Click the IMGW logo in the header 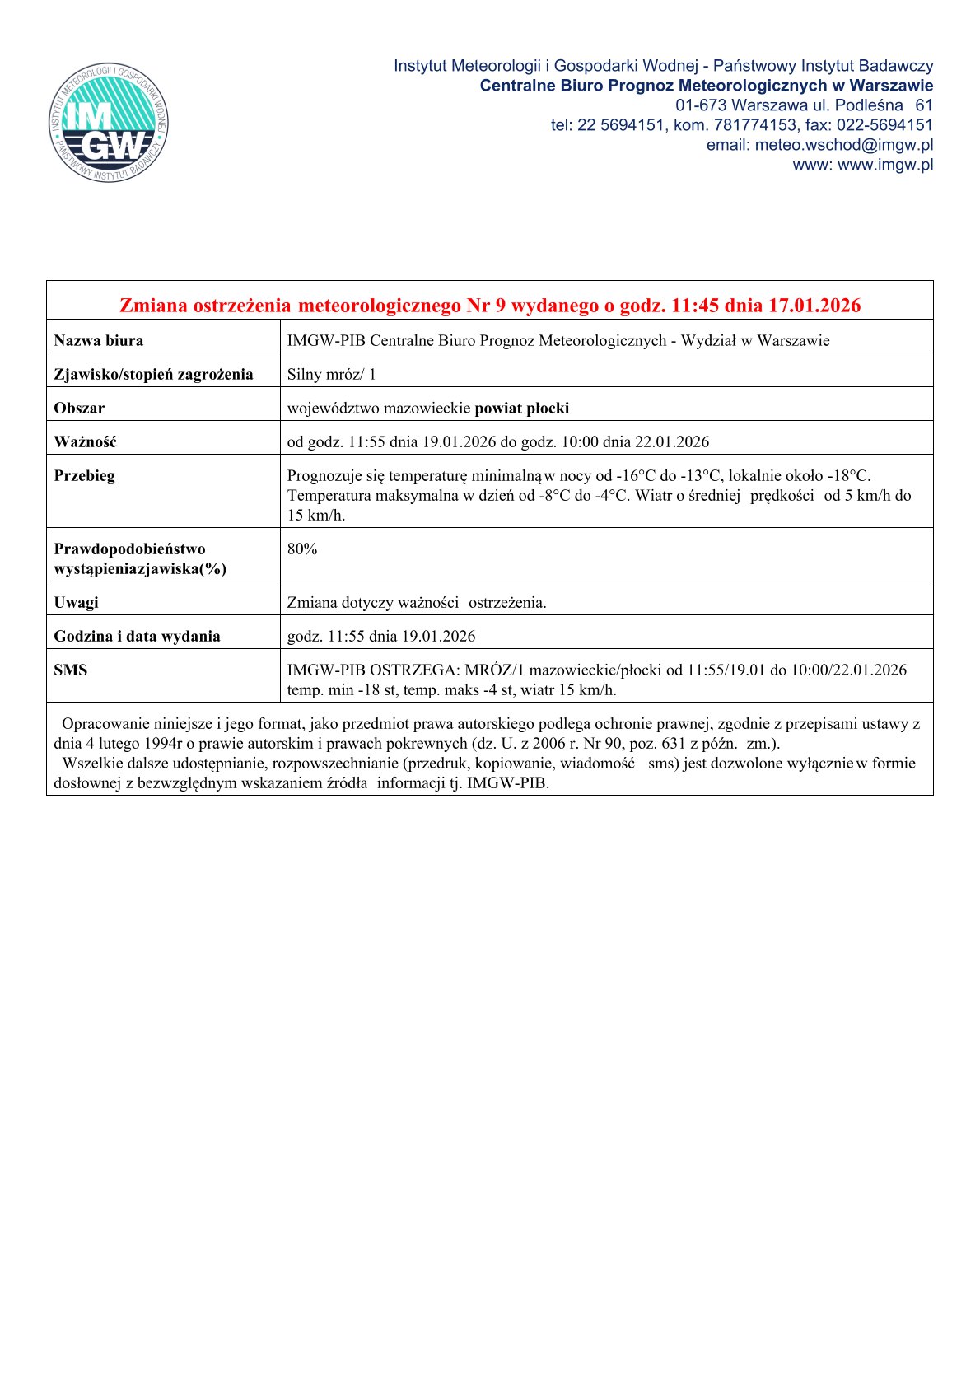coord(109,123)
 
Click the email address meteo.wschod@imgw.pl coord(843,145)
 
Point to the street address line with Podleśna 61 coord(804,105)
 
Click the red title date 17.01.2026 coord(814,306)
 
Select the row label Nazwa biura coord(98,340)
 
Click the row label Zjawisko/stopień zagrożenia coord(153,374)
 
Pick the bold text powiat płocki coord(522,408)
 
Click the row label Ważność coord(85,441)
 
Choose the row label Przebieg coord(84,475)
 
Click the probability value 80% coord(302,549)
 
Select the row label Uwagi coord(76,602)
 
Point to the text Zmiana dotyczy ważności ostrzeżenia coord(417,602)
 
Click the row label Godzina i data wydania coord(137,636)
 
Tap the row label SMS coord(70,670)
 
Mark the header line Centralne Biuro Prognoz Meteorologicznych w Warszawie coord(706,86)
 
